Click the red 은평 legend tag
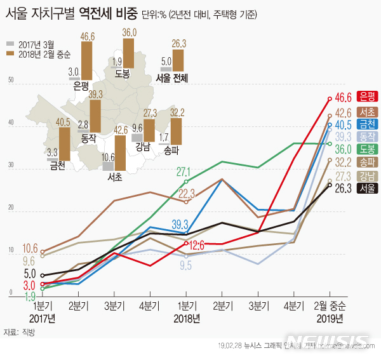pos(366,97)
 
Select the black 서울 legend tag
pos(366,189)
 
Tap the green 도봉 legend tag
pos(366,149)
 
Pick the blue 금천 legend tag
pos(366,123)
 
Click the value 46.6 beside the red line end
pos(344,97)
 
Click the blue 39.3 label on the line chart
pos(180,223)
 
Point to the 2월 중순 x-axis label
pos(330,305)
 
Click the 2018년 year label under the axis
pos(187,317)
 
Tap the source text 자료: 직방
pos(18,332)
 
